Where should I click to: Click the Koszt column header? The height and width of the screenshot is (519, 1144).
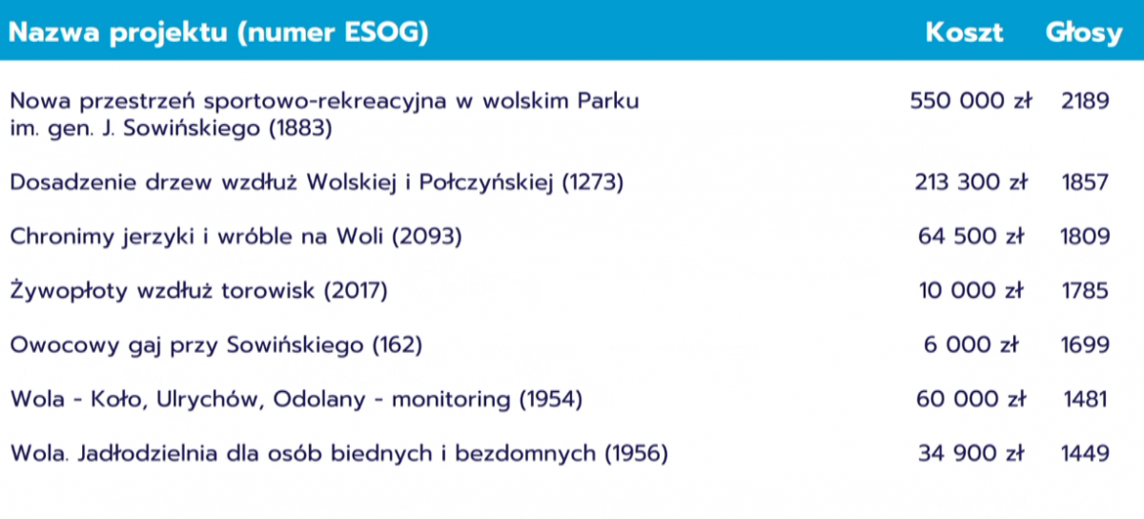click(x=964, y=32)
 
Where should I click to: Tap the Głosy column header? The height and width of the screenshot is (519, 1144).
click(x=1084, y=33)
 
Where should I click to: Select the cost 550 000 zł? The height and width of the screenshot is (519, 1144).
click(x=970, y=100)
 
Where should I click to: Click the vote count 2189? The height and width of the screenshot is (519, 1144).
click(x=1085, y=101)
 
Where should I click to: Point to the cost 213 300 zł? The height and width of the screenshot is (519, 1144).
click(x=970, y=182)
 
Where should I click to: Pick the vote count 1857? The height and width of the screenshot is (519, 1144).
click(x=1085, y=182)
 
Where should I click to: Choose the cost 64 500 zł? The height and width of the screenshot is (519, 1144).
click(x=970, y=237)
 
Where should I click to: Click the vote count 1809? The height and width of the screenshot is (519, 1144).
click(x=1085, y=237)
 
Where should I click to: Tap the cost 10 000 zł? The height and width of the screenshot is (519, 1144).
click(x=970, y=290)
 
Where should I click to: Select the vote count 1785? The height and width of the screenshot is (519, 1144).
click(x=1085, y=291)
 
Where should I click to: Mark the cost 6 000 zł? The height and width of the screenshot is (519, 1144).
click(x=970, y=344)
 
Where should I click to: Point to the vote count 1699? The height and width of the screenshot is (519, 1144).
click(x=1085, y=345)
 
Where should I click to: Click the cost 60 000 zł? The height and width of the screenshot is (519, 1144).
click(x=970, y=399)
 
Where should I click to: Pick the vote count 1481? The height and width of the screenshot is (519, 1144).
click(x=1085, y=400)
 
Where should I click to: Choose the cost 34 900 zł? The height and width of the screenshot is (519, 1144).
click(x=970, y=453)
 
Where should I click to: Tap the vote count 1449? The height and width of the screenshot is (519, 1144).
click(x=1085, y=453)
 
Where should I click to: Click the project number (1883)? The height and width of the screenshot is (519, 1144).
click(x=301, y=128)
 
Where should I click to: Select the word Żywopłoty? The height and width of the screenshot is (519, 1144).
click(x=69, y=290)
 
